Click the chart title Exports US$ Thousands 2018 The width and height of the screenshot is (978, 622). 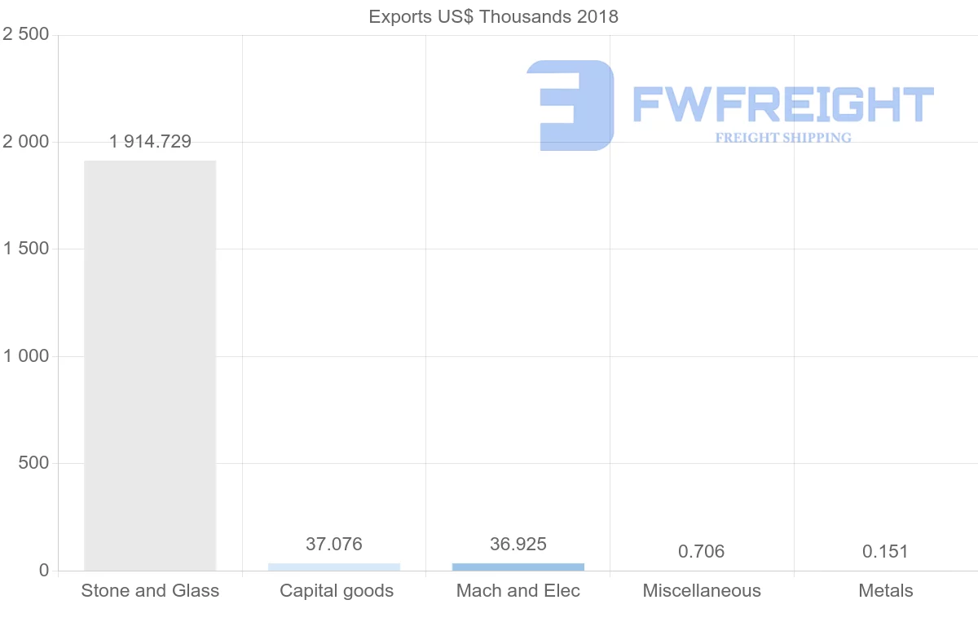[x=493, y=16]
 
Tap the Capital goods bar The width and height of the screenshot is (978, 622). [x=334, y=567]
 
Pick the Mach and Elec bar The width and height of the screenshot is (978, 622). [x=518, y=567]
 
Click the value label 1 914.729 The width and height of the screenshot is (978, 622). [x=150, y=142]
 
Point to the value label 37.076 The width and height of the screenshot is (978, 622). [x=334, y=544]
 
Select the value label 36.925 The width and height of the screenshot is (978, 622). [x=518, y=544]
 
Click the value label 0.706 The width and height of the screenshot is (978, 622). [x=702, y=552]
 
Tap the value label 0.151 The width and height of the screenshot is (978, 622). [x=885, y=552]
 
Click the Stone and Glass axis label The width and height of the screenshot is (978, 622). [x=150, y=591]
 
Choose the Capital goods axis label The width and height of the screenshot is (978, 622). [x=337, y=591]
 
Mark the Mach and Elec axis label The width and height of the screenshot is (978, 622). [x=518, y=591]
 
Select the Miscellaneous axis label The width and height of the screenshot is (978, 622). [x=702, y=591]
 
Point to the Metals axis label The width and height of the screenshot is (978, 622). [x=886, y=591]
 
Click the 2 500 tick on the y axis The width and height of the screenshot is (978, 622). [x=26, y=34]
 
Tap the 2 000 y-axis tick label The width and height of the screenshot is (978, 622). [x=26, y=142]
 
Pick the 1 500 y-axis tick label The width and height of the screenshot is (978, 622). [x=26, y=249]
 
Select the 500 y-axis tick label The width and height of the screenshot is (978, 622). [x=33, y=463]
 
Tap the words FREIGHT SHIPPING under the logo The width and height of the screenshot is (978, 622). [x=783, y=138]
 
